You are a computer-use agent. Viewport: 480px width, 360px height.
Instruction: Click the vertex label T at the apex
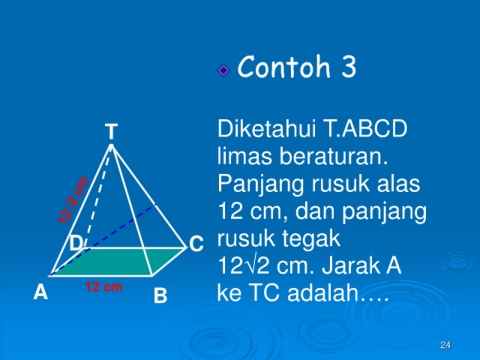[111, 131]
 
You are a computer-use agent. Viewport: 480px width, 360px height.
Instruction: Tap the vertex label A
[41, 292]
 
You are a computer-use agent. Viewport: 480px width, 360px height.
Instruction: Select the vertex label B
[160, 295]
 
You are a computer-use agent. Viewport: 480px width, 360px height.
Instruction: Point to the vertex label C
[196, 244]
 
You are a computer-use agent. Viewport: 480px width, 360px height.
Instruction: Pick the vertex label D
[76, 243]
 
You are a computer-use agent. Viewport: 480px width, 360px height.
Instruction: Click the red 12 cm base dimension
[104, 287]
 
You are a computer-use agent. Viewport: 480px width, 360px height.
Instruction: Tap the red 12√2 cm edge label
[73, 200]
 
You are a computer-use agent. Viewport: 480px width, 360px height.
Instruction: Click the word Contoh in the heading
[284, 67]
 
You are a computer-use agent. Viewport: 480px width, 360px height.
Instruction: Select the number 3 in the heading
[349, 67]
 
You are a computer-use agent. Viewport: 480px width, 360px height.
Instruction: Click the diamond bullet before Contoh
[224, 70]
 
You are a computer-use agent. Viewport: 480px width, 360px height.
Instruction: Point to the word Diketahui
[266, 129]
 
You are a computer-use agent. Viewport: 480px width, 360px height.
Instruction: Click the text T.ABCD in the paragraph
[365, 129]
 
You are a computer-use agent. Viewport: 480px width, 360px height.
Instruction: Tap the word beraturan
[334, 156]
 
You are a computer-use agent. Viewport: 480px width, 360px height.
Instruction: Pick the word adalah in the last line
[323, 293]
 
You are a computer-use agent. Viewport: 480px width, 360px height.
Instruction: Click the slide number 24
[445, 345]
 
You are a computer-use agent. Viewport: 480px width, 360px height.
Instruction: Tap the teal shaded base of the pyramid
[118, 262]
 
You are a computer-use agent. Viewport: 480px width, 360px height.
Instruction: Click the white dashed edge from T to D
[99, 197]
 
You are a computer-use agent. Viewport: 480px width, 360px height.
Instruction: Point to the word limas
[245, 156]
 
